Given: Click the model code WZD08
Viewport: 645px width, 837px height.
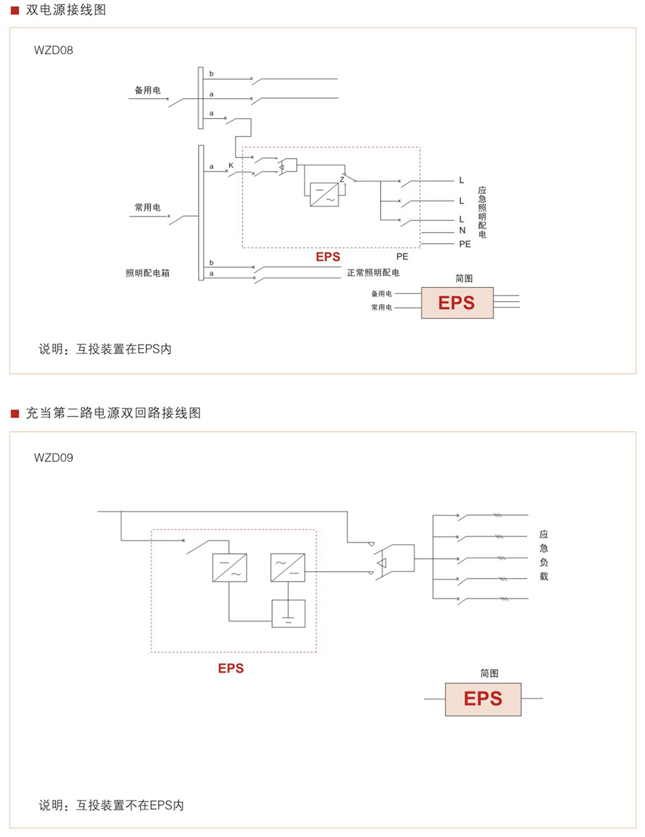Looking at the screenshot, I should pyautogui.click(x=54, y=50).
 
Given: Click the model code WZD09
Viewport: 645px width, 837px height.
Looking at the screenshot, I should pyautogui.click(x=54, y=458).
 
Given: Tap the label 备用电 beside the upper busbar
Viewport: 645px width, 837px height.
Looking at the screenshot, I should pyautogui.click(x=147, y=90).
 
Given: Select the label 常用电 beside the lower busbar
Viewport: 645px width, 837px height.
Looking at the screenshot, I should pyautogui.click(x=147, y=207).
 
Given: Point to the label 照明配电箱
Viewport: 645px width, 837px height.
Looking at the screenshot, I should pyautogui.click(x=148, y=273).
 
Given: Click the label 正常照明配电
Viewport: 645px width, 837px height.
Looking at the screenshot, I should pyautogui.click(x=373, y=273).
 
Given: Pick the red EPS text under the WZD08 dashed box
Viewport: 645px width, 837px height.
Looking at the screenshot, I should pyautogui.click(x=328, y=257).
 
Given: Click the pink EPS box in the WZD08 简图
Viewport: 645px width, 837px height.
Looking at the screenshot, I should pyautogui.click(x=457, y=303).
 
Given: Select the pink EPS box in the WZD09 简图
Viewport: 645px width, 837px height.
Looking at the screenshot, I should pyautogui.click(x=482, y=699).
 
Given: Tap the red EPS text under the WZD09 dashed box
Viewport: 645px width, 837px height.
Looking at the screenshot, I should pyautogui.click(x=231, y=669).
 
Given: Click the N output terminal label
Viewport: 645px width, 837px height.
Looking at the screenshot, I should pyautogui.click(x=462, y=230).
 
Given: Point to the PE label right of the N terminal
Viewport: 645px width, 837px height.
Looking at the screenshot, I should pyautogui.click(x=465, y=244).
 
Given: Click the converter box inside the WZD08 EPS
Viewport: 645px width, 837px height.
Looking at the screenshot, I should pyautogui.click(x=324, y=195).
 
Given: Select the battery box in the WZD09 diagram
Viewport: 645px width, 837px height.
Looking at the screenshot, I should pyautogui.click(x=288, y=613).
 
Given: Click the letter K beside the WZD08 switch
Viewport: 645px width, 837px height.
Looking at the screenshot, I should pyautogui.click(x=231, y=166).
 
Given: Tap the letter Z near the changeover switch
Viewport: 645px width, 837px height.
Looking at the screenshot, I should pyautogui.click(x=342, y=179).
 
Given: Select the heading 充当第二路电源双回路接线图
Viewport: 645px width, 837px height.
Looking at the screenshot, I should pyautogui.click(x=114, y=413).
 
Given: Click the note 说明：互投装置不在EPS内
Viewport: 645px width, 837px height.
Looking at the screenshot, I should pyautogui.click(x=111, y=805).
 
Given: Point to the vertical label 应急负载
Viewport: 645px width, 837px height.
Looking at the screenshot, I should pyautogui.click(x=544, y=555).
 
